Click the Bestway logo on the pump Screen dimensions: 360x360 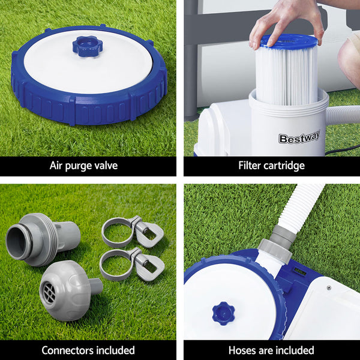tap(298, 139)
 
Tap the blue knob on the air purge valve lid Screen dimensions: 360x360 tap(87, 46)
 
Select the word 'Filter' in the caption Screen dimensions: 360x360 tap(251, 166)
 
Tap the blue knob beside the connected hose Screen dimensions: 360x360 tap(223, 313)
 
